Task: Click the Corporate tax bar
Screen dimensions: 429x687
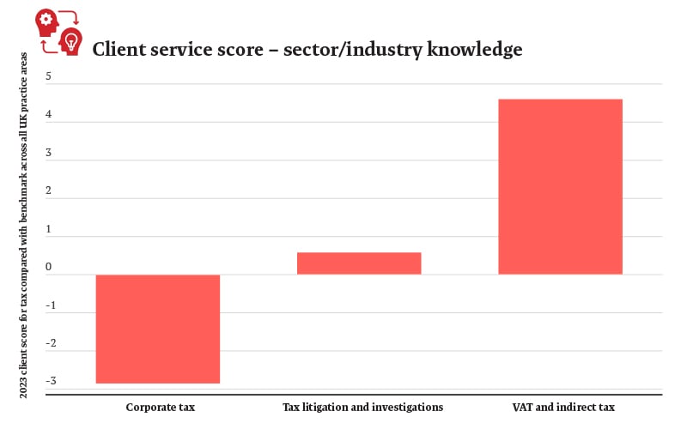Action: [158, 329]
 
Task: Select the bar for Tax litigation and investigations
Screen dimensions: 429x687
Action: [359, 263]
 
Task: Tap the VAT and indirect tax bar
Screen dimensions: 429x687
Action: [560, 187]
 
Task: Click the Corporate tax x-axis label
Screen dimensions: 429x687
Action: [161, 407]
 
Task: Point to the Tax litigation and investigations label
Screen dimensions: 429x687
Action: [362, 407]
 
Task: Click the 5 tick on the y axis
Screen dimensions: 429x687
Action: [48, 77]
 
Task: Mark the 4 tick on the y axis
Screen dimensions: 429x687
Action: [48, 115]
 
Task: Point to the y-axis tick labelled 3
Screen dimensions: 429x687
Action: [48, 154]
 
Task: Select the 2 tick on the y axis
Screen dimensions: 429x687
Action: [48, 191]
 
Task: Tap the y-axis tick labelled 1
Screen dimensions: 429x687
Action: [48, 229]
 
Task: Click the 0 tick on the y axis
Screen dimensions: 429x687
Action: [48, 268]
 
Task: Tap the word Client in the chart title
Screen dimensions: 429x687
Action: [118, 50]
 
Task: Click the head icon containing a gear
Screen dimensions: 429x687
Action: [47, 21]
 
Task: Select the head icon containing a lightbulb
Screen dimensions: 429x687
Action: [69, 40]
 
